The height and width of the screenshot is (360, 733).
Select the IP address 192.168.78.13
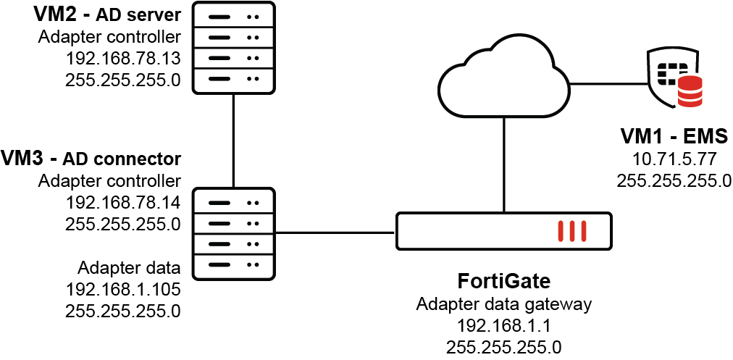pos(122,58)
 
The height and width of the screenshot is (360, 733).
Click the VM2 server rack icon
pos(234,46)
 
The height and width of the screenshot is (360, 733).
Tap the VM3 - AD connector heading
pos(91,158)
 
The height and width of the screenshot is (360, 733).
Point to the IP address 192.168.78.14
pos(122,202)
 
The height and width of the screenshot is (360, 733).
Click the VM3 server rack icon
pos(234,233)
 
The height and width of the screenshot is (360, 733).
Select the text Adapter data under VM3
pos(130,269)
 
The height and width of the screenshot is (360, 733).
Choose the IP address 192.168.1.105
pos(122,290)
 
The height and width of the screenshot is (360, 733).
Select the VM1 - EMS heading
pos(674,136)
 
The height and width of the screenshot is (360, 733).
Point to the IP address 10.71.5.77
pos(674,159)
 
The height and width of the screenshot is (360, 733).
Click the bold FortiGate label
pos(504,280)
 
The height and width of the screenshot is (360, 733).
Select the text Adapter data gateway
pos(504,304)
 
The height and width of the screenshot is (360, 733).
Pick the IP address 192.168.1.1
pos(504,325)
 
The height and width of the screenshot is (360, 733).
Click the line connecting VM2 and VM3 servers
pos(234,141)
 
